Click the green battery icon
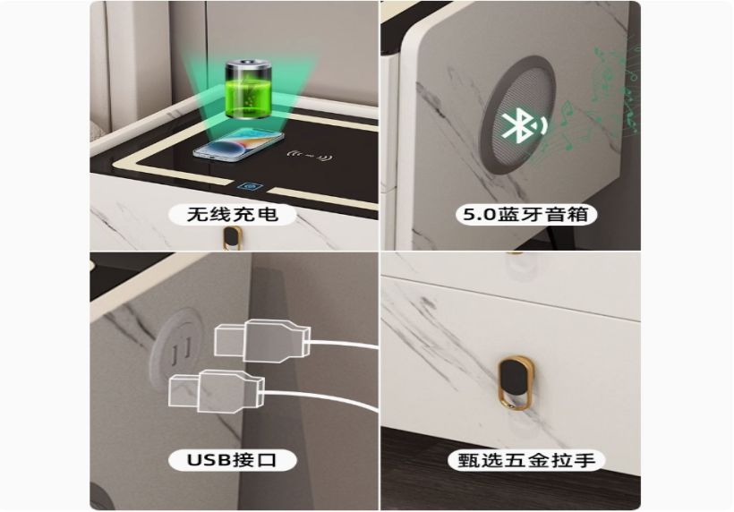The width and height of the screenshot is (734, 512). pos(248,89)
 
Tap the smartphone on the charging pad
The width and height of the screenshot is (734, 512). pos(238,145)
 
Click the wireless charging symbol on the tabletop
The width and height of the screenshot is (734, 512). pos(310,156)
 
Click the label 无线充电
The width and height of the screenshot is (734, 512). pos(233,214)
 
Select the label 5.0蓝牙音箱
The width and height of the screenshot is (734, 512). pos(525,214)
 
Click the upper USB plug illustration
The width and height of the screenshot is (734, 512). pos(262,341)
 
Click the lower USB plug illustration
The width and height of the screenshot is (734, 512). pos(217,392)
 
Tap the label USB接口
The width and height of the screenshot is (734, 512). pos(232,459)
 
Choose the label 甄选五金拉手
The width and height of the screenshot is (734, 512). pos(526,460)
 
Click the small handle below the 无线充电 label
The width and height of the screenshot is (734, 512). pos(232,237)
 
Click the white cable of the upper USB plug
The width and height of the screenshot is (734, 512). pos(343,345)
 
